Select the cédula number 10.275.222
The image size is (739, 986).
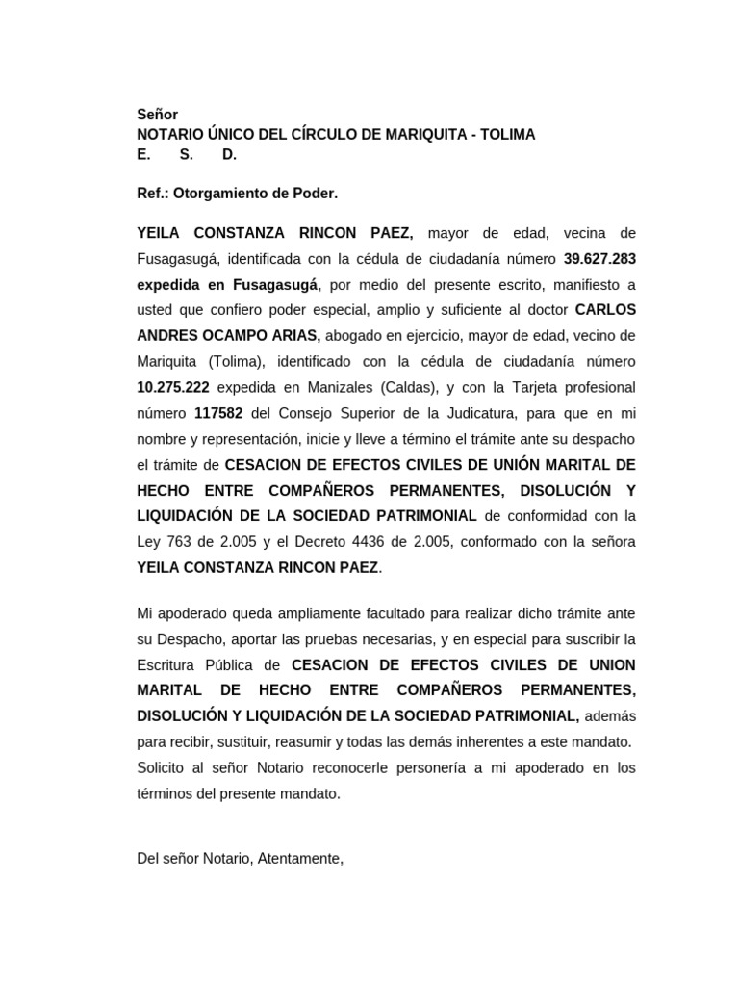point(173,388)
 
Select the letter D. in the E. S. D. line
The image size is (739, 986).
point(230,154)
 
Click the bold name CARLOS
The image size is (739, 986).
point(605,310)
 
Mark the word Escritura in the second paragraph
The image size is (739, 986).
point(169,665)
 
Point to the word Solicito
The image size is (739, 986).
point(164,768)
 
